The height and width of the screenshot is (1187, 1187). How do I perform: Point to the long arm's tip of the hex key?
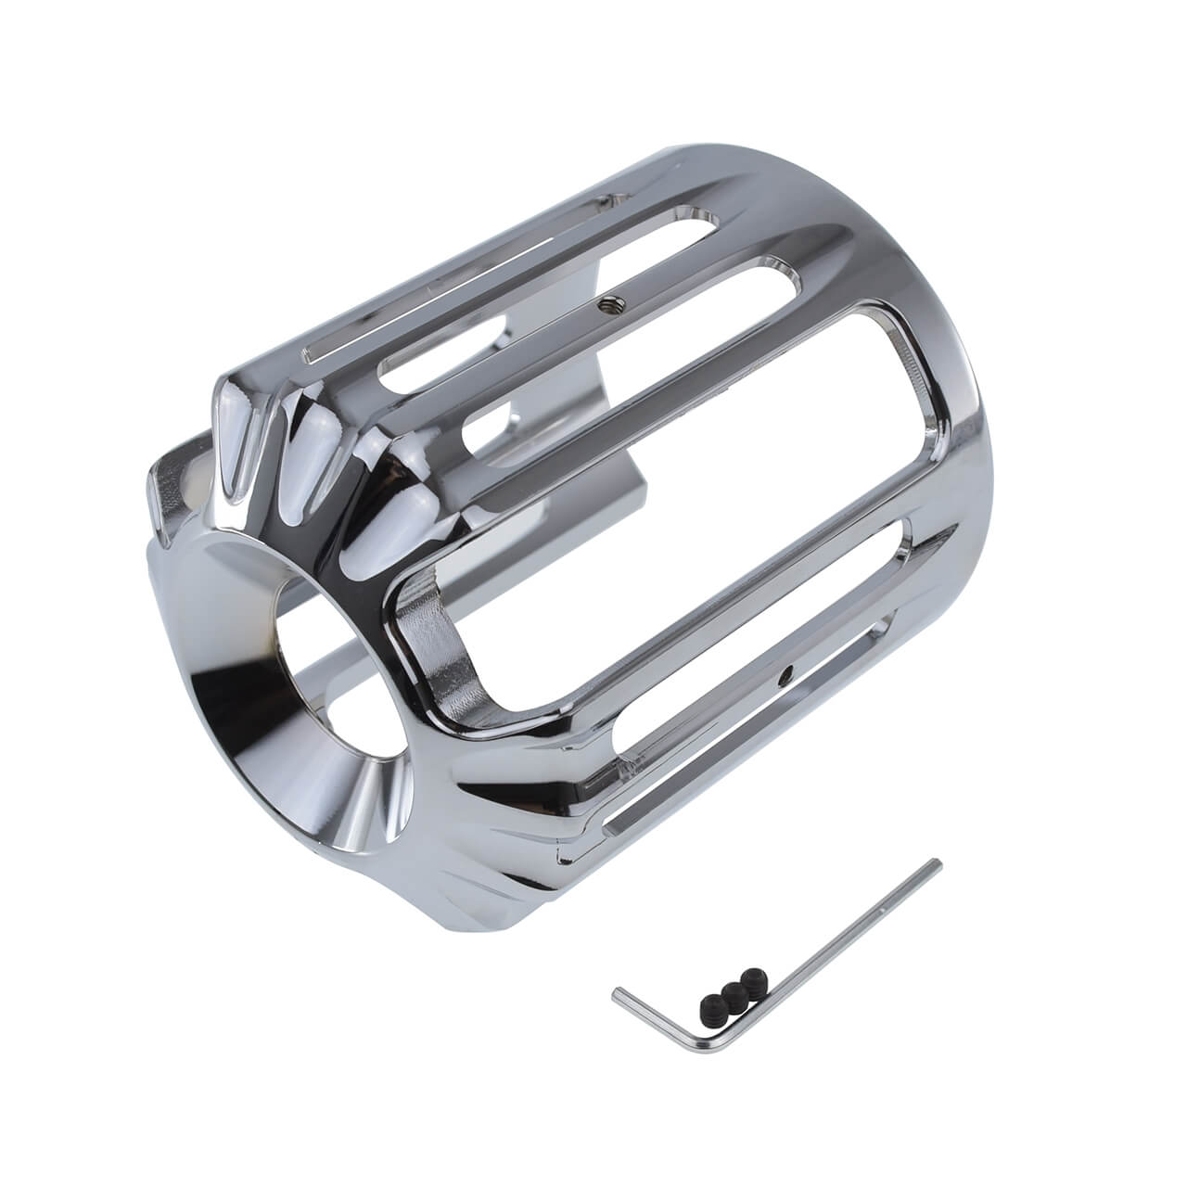click(936, 864)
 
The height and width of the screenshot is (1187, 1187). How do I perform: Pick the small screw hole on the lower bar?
click(786, 670)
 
